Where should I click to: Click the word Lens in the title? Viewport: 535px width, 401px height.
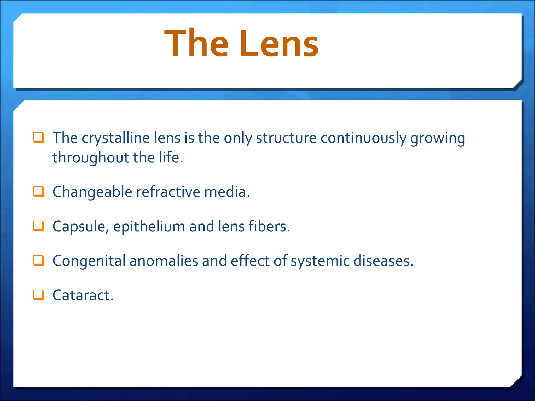pyautogui.click(x=279, y=44)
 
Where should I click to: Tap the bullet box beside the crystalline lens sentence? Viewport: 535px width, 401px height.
pyautogui.click(x=38, y=138)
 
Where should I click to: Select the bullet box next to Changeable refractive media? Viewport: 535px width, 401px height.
pyautogui.click(x=38, y=191)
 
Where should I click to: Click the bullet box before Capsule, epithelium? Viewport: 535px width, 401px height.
pyautogui.click(x=38, y=226)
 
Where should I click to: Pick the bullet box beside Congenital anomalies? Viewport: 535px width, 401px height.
pyautogui.click(x=38, y=260)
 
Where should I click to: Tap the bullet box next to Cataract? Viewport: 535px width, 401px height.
pyautogui.click(x=38, y=295)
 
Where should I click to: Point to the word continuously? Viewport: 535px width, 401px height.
pyautogui.click(x=363, y=138)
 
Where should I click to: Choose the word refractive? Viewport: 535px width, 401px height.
pyautogui.click(x=168, y=192)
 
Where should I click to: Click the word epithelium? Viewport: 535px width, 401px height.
pyautogui.click(x=149, y=227)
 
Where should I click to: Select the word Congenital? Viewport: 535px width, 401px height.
pyautogui.click(x=89, y=261)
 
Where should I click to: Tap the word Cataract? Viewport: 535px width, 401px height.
pyautogui.click(x=83, y=295)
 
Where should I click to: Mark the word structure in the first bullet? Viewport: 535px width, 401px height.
pyautogui.click(x=286, y=138)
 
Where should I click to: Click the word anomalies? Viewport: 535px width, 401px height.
pyautogui.click(x=164, y=261)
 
